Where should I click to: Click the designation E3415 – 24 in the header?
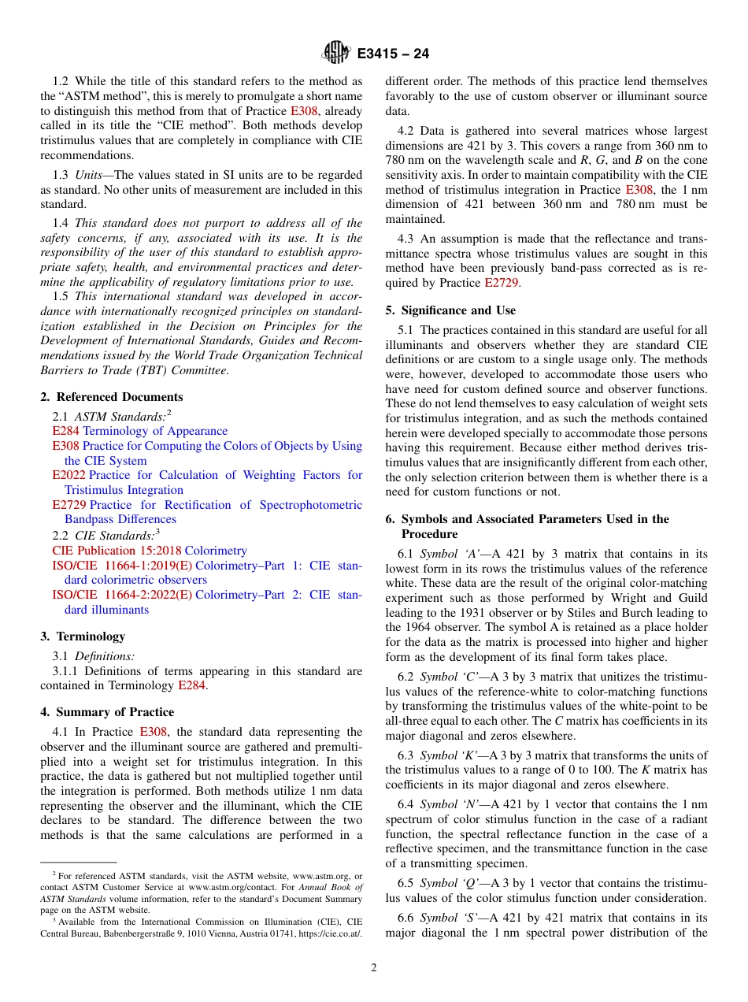(x=393, y=54)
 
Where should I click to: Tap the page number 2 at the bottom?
(x=374, y=968)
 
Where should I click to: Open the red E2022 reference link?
(x=69, y=475)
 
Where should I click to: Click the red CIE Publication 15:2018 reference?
(x=117, y=551)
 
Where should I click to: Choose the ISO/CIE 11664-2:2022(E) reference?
(x=122, y=595)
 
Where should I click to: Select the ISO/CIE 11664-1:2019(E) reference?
(x=122, y=566)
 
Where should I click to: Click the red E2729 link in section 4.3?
(x=501, y=284)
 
